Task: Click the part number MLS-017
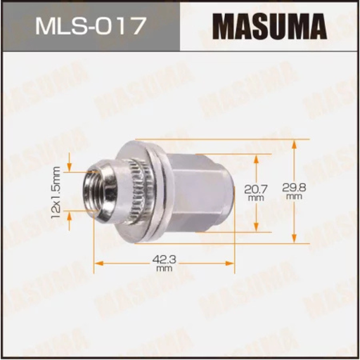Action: [89, 27]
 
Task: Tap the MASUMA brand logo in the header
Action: [269, 27]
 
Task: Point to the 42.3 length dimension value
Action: [164, 259]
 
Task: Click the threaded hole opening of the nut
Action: [90, 190]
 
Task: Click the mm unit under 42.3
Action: [164, 269]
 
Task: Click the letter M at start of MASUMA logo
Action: [224, 27]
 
